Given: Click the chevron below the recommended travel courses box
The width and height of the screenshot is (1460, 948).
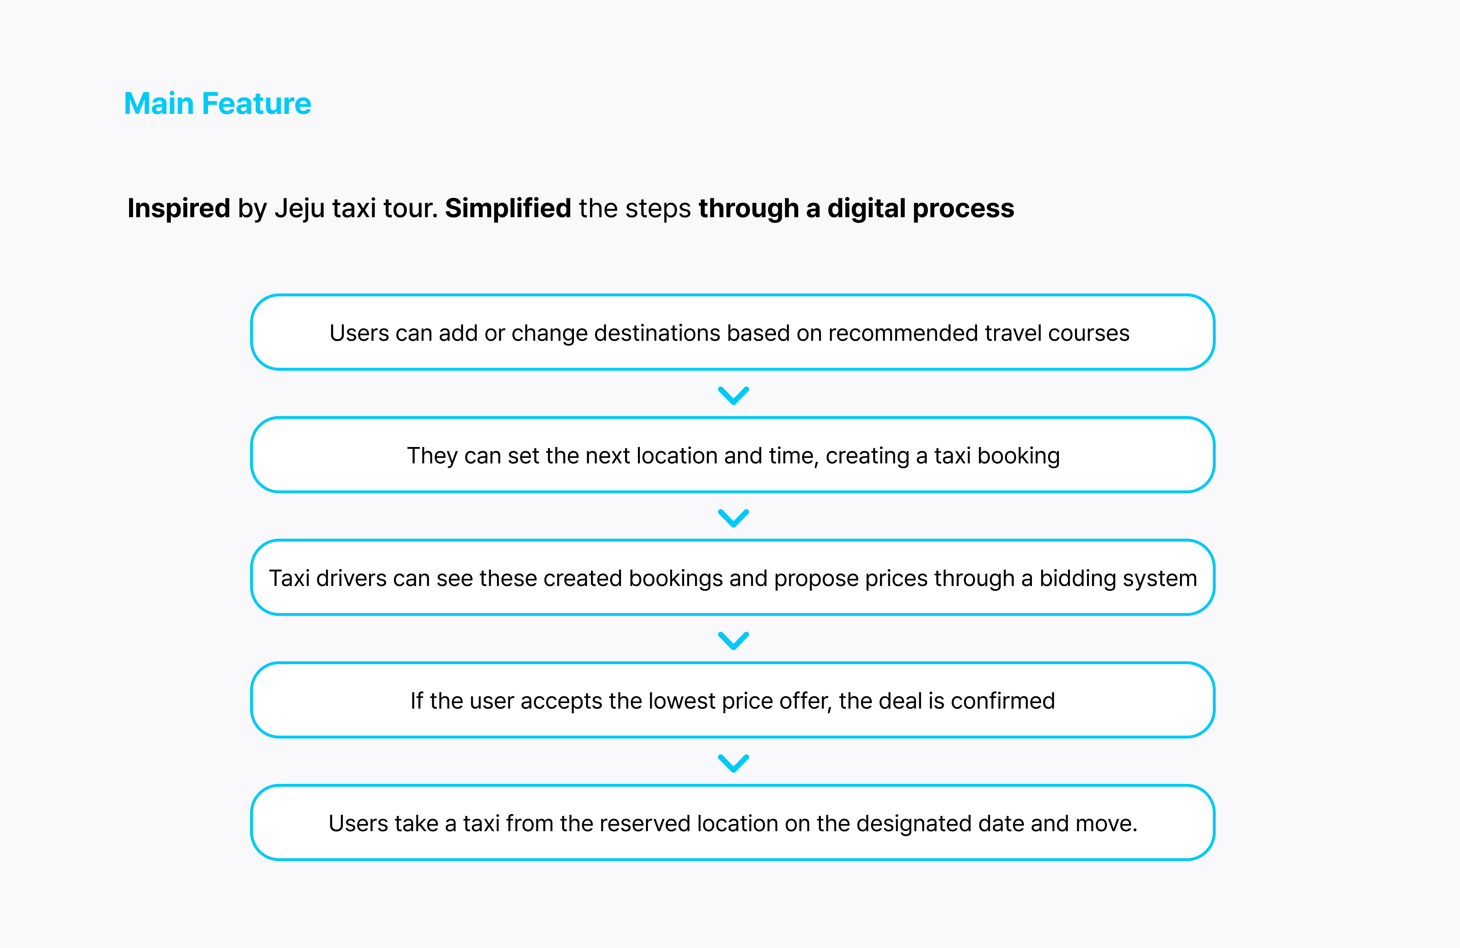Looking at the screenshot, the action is [734, 395].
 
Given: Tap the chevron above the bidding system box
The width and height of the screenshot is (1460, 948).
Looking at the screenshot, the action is [734, 518].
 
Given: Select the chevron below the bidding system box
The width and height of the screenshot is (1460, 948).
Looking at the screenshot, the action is [734, 641].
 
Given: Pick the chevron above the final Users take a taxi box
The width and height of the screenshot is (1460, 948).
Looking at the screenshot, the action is [734, 763].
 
